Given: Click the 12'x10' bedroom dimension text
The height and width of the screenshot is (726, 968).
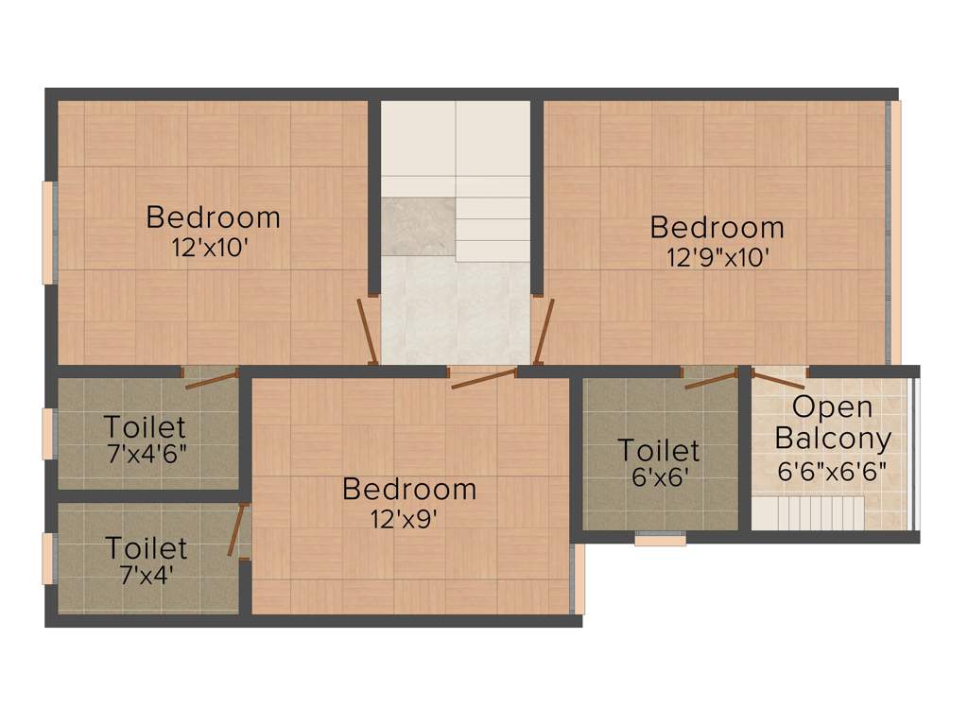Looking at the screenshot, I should click(x=214, y=247).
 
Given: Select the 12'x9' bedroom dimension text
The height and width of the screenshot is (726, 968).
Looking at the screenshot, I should click(x=408, y=518).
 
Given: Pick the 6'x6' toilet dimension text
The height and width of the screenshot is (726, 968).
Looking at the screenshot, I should click(x=659, y=476).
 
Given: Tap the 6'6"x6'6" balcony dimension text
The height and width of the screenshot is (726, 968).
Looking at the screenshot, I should click(x=832, y=470).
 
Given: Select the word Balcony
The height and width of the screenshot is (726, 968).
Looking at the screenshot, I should click(x=832, y=439).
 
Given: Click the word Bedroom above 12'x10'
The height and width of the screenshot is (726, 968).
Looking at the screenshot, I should click(x=214, y=217).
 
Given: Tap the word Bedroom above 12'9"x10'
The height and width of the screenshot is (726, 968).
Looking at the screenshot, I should click(x=717, y=228).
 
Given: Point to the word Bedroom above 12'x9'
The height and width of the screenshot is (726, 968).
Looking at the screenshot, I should click(x=409, y=489).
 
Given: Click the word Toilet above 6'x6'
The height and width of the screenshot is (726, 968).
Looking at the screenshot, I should click(x=659, y=450).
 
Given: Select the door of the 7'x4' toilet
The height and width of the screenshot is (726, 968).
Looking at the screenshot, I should click(x=237, y=529).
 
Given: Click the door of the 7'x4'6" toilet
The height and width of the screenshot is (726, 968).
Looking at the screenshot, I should click(x=211, y=378).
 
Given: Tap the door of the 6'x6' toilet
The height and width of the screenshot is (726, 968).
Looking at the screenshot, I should click(x=711, y=379).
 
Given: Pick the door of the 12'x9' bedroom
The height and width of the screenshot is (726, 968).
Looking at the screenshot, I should click(x=483, y=378).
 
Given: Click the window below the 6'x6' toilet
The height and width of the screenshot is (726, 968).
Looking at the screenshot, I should click(x=660, y=540).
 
